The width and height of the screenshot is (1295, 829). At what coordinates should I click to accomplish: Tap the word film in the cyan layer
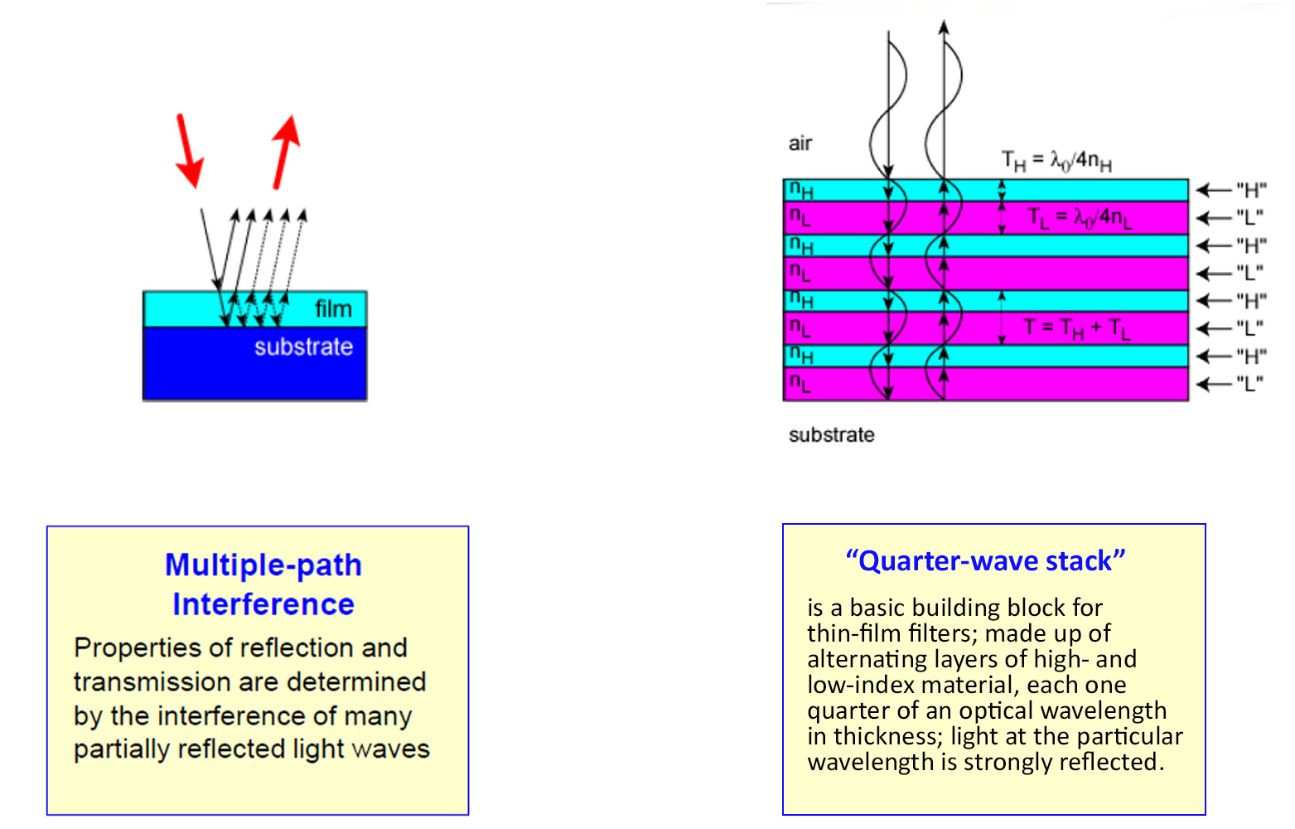point(334,309)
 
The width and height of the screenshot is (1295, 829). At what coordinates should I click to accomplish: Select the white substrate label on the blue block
point(303,347)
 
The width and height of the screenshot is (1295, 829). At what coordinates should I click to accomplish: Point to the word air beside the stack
point(800,143)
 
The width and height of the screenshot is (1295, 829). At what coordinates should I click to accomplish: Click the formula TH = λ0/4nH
point(1057,160)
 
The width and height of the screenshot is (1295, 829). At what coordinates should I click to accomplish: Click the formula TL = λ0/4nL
point(1080,218)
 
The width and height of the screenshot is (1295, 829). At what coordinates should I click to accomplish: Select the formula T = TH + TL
point(1076,328)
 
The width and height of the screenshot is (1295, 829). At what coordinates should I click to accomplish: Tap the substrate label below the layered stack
point(831,434)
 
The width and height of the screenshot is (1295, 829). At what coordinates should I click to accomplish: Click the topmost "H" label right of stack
point(1251,189)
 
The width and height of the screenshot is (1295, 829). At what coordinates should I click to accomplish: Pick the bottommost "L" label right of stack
point(1249,384)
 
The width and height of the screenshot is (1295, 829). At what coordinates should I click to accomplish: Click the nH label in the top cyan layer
point(801,190)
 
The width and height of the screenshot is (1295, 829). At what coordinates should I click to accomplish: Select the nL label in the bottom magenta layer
point(800,383)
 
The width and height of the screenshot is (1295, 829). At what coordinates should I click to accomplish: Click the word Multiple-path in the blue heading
point(263,565)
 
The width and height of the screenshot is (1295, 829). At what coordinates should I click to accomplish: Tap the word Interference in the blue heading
point(263,604)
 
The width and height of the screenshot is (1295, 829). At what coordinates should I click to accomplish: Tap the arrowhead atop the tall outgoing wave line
point(944,27)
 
